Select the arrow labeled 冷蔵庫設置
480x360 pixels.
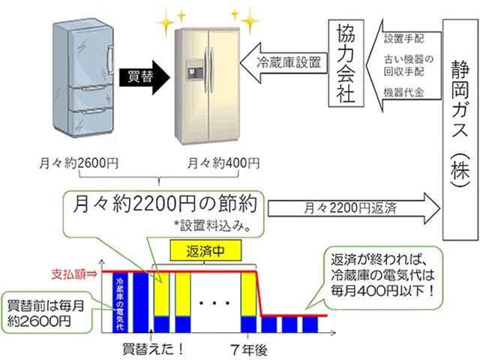click(x=282, y=64)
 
